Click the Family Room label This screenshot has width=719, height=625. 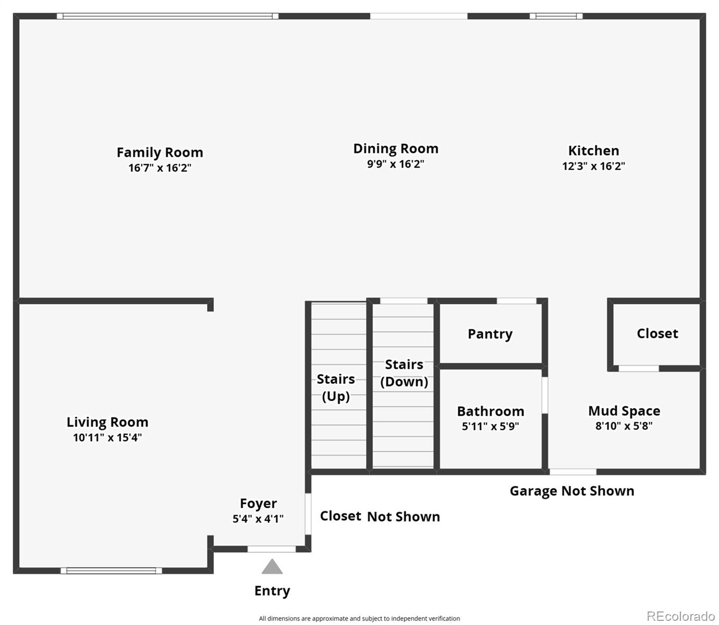coord(160,153)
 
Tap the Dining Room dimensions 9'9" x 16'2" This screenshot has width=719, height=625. coord(395,164)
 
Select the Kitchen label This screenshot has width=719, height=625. coord(593,151)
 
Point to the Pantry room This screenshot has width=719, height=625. coord(490,334)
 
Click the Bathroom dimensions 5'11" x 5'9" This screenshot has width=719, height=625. coord(490,427)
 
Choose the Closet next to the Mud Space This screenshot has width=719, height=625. coord(657,333)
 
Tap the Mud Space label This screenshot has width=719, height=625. coord(624,411)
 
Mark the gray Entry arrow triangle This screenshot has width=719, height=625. coord(272,567)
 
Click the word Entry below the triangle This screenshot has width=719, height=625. coord(272,591)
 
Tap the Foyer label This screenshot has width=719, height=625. coord(258,504)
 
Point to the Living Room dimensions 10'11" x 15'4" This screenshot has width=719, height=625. coord(107,438)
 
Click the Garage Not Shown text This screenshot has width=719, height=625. coord(571,491)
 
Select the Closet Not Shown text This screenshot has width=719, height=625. coord(380,516)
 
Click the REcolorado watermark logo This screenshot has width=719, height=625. coord(680,616)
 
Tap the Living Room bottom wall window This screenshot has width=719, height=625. coord(111,570)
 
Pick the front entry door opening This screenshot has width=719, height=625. coord(271,549)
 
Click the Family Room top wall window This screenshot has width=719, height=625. coord(167,16)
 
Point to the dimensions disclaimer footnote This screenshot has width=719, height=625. coord(359,618)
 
